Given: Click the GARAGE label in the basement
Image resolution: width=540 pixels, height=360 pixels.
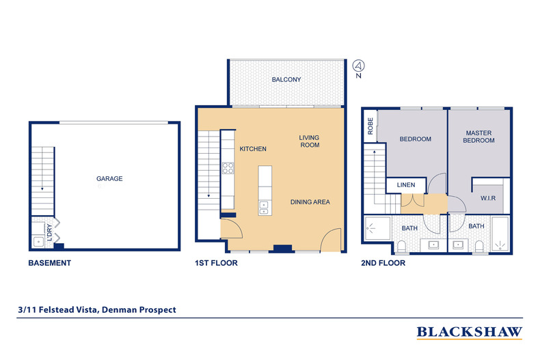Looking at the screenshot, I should [109, 179].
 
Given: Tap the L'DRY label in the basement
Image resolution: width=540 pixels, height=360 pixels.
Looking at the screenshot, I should [49, 228].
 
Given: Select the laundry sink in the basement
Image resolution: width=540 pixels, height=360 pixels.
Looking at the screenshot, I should [38, 241].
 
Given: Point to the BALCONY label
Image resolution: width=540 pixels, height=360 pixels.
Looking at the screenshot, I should [286, 80].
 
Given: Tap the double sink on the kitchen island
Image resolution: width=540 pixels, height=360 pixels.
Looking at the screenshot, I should [263, 207].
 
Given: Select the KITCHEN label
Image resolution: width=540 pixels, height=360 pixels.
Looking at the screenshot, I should [252, 149].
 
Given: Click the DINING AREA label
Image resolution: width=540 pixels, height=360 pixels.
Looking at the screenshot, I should [310, 202].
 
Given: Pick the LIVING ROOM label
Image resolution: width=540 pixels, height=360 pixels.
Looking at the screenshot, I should [309, 141].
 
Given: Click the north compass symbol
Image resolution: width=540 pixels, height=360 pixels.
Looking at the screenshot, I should [358, 66].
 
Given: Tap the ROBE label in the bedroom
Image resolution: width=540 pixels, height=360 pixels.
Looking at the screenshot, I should [370, 127].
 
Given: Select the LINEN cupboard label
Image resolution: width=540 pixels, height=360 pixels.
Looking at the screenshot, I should [406, 185].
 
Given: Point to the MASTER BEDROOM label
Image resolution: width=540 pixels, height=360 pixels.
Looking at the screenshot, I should [480, 137].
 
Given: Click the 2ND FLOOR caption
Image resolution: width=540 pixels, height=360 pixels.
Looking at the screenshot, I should [383, 263].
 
